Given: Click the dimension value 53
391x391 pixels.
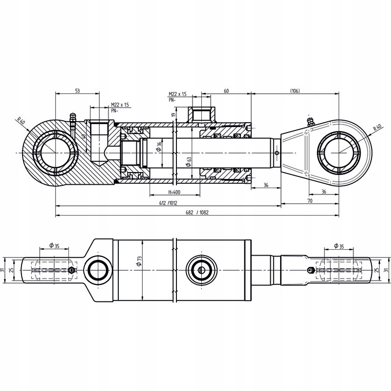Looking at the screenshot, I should [x=77, y=91].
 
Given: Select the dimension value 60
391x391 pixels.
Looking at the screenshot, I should [x=226, y=91].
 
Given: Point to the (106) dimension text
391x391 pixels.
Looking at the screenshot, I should [x=295, y=91].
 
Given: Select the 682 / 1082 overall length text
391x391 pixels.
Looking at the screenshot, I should [x=197, y=213].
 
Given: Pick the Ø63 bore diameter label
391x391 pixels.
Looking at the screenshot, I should [x=188, y=161].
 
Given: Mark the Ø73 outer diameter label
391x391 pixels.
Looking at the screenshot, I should [x=139, y=261].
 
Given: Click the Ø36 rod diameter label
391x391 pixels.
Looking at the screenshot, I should [x=160, y=147].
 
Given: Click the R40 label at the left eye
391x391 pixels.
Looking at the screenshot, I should [x=21, y=121].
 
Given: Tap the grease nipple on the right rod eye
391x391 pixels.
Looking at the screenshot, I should [x=309, y=122].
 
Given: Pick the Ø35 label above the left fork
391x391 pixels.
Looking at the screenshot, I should [x=54, y=245].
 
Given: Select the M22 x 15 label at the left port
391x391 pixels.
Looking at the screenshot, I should [x=120, y=105].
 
